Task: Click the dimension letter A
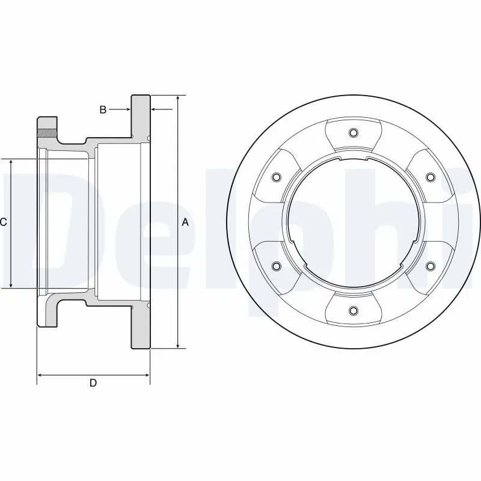coord(185,222)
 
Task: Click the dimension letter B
coord(103,109)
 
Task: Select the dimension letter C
coord(4,222)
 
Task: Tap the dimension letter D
coord(93,383)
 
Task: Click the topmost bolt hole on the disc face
coord(353,133)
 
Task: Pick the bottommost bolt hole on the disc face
coord(353,310)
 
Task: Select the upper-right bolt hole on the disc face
coord(430,177)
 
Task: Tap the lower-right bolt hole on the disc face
coord(430,265)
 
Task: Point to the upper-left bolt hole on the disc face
coord(277,177)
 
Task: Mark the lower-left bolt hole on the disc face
coord(277,265)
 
